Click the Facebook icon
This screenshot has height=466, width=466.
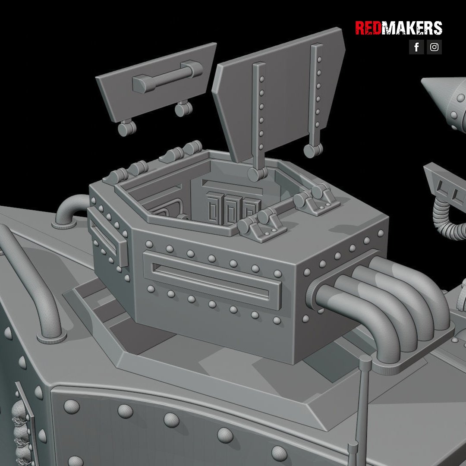click(416, 47)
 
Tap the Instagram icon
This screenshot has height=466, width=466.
click(434, 47)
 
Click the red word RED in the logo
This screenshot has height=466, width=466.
click(368, 28)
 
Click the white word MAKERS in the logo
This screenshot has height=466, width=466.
click(412, 28)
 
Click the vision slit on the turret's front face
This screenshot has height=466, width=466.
click(211, 280)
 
